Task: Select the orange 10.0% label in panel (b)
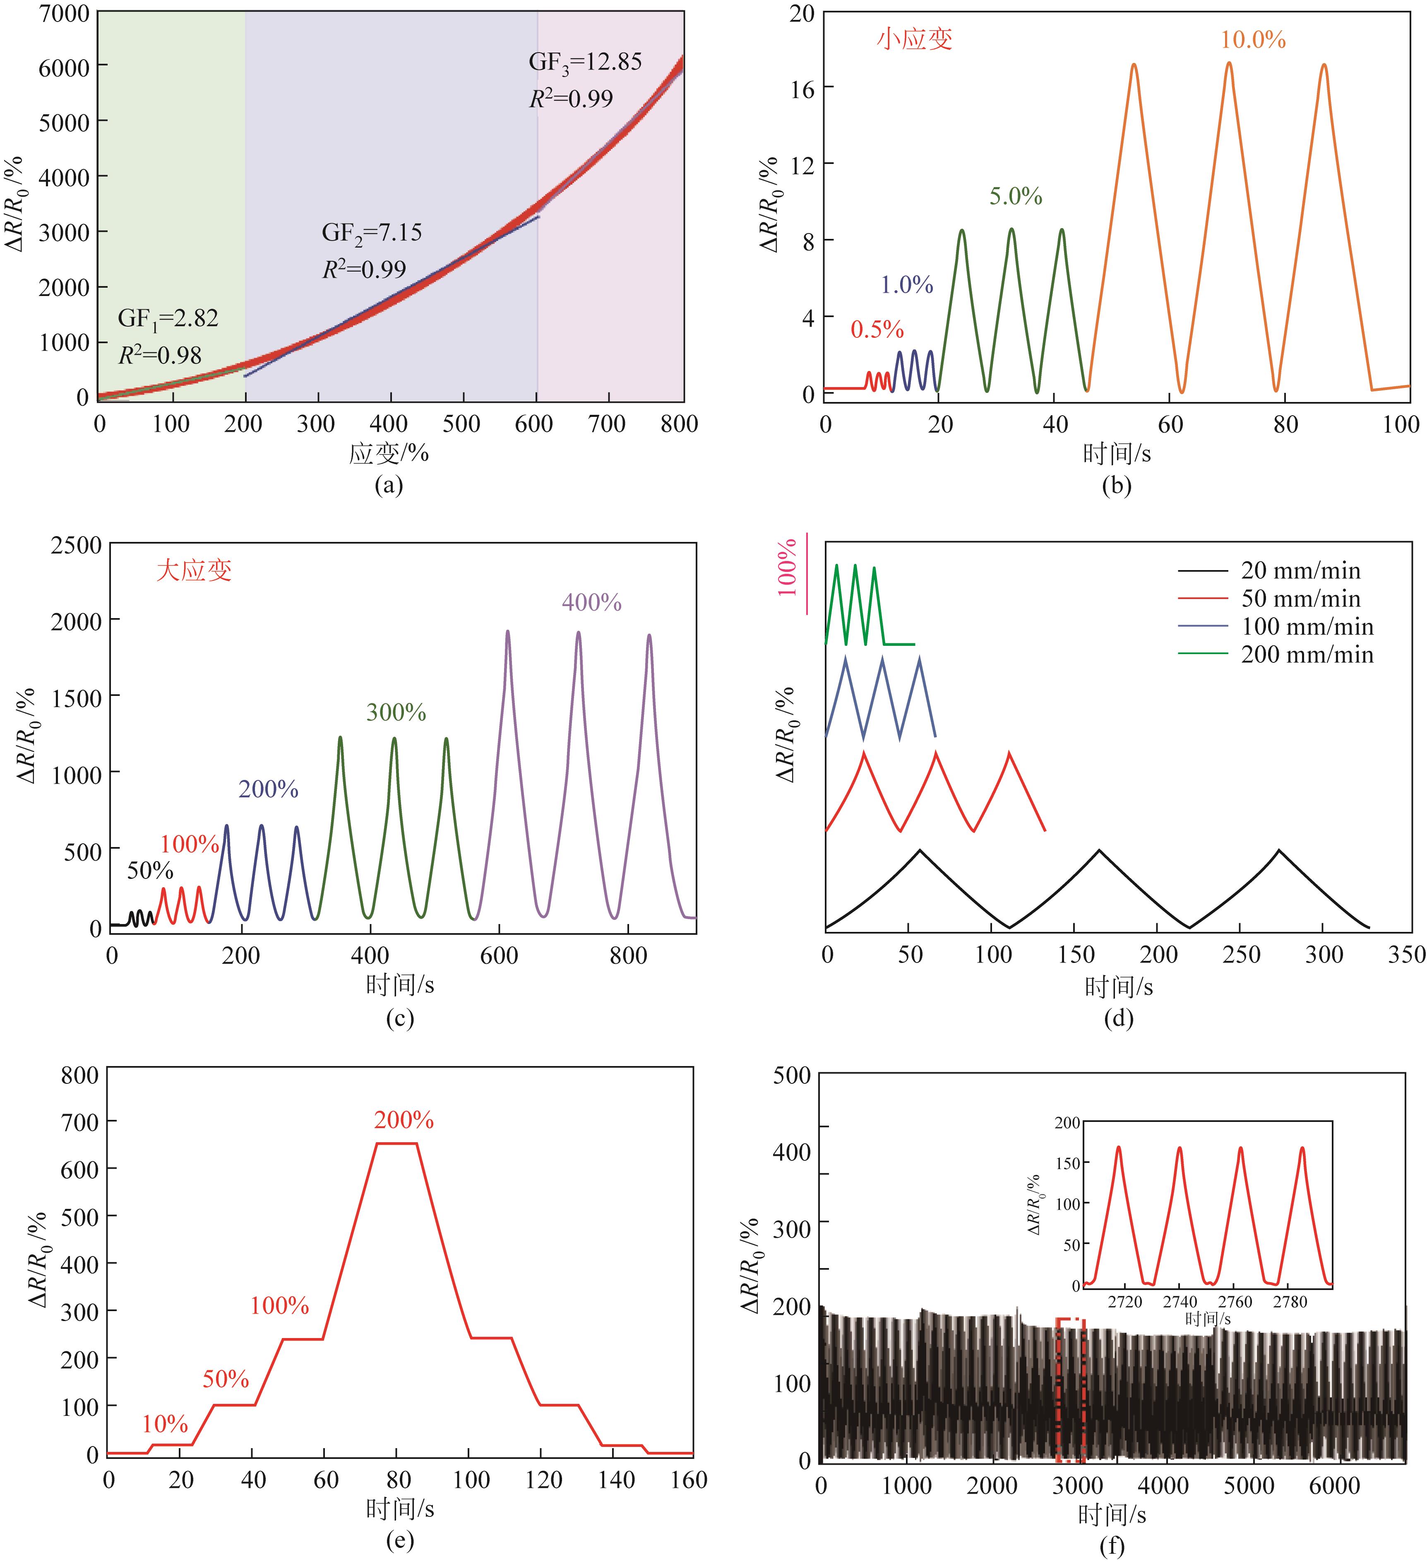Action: (x=1253, y=39)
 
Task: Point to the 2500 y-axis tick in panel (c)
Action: (x=76, y=546)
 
